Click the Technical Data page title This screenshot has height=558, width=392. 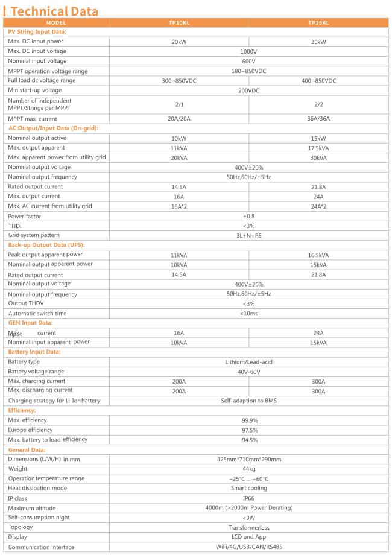coord(54,12)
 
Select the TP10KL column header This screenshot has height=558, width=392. coord(179,22)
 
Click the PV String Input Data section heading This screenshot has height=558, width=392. coord(37,31)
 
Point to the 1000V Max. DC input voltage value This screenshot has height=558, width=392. coord(249,52)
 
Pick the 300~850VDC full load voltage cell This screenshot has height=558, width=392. coord(179,81)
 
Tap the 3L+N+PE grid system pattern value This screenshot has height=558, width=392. coord(249,235)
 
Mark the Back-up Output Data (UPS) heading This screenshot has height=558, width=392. coord(46,245)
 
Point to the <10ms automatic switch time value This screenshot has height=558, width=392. coord(249,314)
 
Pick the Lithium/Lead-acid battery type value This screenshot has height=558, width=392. coord(249,362)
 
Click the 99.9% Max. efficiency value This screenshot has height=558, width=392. coord(249,420)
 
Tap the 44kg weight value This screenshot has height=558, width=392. coord(249,469)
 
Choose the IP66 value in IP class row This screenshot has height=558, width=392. coord(249,498)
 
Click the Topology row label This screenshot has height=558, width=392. coord(21,527)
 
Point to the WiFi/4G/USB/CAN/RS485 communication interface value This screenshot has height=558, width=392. coord(249,547)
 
